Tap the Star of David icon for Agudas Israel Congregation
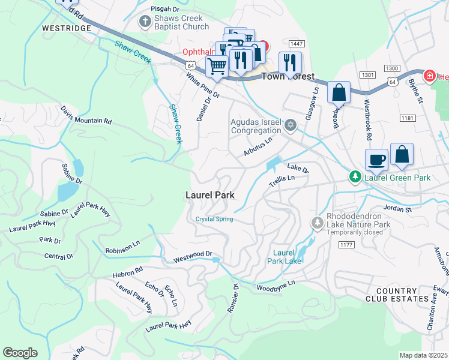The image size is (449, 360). pyautogui.click(x=291, y=125)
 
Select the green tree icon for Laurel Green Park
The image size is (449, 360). pyautogui.click(x=355, y=177)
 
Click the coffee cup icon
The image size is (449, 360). pyautogui.click(x=376, y=160)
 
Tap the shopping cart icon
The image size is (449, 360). pyautogui.click(x=217, y=65)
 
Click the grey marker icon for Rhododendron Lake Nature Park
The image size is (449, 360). pyautogui.click(x=317, y=223)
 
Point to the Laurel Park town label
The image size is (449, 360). pyautogui.click(x=209, y=195)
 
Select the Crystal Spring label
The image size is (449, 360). pyautogui.click(x=214, y=219)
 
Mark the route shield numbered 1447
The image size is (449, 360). pyautogui.click(x=295, y=44)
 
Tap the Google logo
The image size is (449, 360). pyautogui.click(x=20, y=353)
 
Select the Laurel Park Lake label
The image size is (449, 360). pyautogui.click(x=287, y=256)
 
